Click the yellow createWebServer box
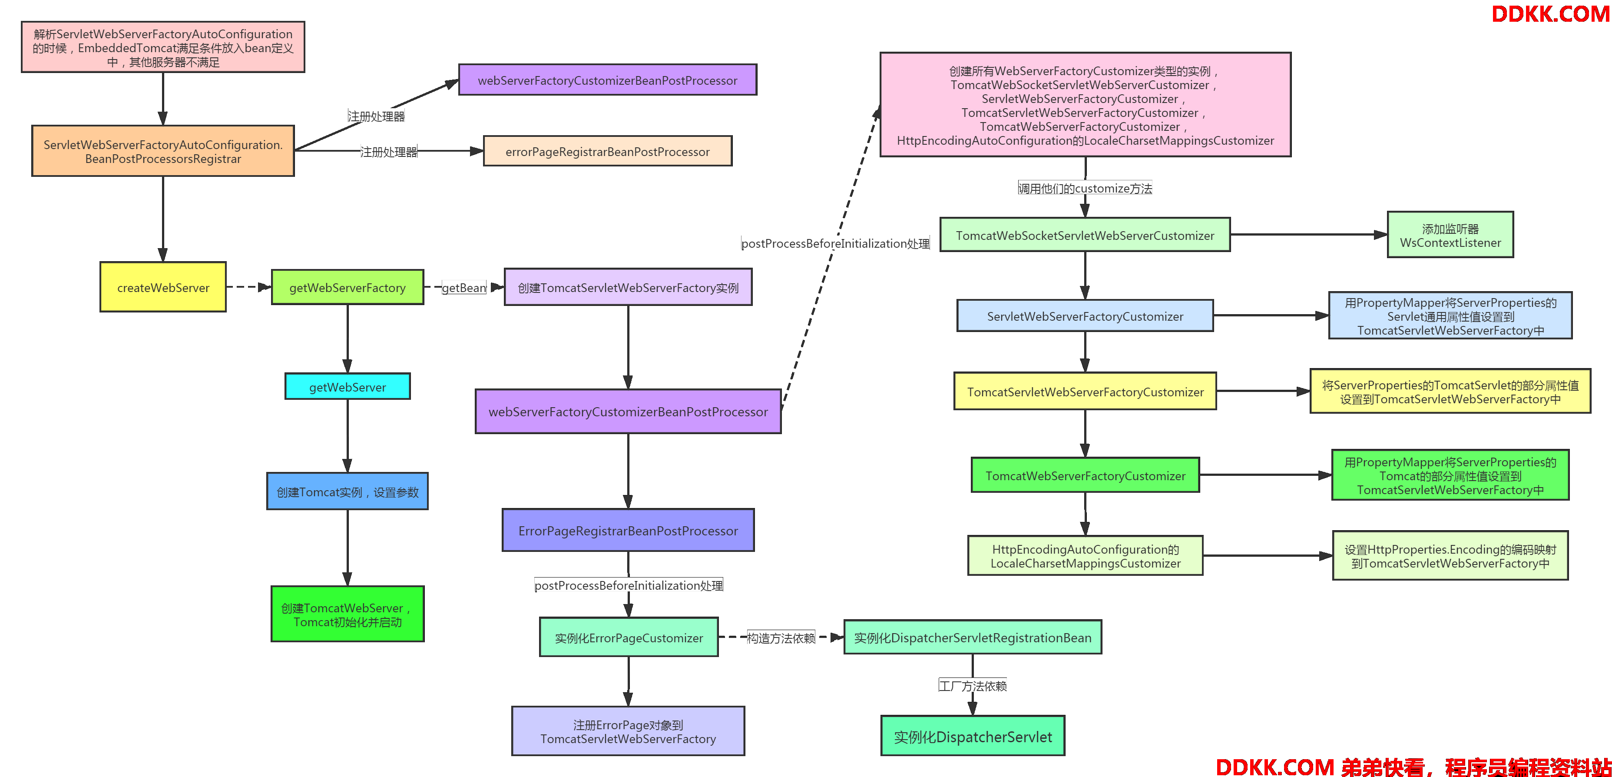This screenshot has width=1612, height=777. tap(163, 287)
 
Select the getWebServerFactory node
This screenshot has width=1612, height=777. tap(348, 287)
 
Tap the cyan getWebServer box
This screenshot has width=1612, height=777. tap(348, 386)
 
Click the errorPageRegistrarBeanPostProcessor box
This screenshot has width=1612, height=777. tap(608, 152)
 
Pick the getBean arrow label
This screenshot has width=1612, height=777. tap(463, 287)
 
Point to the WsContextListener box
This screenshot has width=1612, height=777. tap(1450, 235)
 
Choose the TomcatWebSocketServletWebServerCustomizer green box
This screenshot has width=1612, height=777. tap(1085, 235)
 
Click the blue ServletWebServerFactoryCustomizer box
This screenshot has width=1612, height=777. tap(1085, 315)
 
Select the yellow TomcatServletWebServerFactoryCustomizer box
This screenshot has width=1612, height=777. tap(1085, 391)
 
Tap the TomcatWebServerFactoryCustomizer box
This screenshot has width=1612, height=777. tap(1085, 475)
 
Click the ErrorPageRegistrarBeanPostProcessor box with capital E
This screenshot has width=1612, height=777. tap(628, 530)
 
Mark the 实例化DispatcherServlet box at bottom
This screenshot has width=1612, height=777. tap(973, 736)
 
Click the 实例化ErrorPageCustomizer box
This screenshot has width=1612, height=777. tap(629, 638)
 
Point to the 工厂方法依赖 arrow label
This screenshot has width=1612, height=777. tap(973, 686)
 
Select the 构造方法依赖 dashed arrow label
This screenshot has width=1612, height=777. tap(781, 638)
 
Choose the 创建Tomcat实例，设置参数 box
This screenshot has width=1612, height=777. tap(348, 491)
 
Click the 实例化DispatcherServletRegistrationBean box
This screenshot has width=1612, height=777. tap(973, 638)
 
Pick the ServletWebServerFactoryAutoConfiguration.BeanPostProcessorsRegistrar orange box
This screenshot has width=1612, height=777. tap(163, 151)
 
